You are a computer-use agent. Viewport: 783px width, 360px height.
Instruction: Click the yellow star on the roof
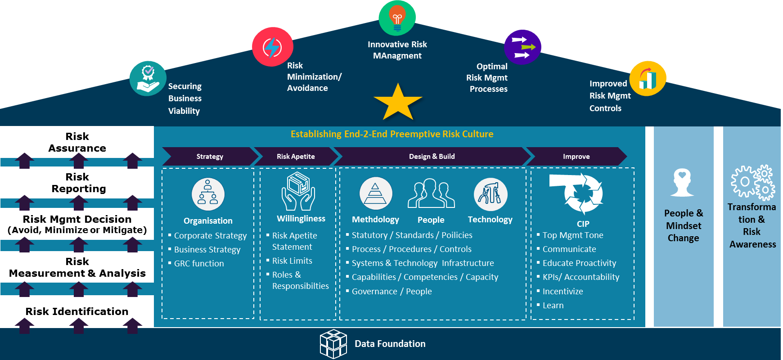tap(398, 103)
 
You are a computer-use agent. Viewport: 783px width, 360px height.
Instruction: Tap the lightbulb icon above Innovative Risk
tap(397, 18)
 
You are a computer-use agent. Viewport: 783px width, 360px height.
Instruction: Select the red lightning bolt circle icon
tap(272, 47)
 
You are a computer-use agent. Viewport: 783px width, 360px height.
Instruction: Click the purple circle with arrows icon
tap(522, 47)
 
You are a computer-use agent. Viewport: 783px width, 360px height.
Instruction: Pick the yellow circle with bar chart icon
tap(648, 78)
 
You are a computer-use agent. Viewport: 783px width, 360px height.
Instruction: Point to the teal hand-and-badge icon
tap(148, 78)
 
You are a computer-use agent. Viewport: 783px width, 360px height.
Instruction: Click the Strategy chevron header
tap(210, 157)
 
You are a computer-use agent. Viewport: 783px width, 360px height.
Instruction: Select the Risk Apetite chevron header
tap(296, 157)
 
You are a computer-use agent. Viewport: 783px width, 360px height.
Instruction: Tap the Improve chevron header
tap(576, 157)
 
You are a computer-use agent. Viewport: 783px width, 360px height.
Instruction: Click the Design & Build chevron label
tap(432, 157)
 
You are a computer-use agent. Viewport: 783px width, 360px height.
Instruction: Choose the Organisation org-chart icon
tap(208, 194)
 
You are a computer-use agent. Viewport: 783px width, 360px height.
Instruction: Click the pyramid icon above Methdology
tap(376, 193)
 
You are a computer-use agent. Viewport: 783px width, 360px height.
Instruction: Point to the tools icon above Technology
tap(490, 194)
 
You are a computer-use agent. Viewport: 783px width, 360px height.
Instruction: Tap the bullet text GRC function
tap(199, 264)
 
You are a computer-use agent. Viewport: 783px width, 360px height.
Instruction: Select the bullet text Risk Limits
tap(292, 261)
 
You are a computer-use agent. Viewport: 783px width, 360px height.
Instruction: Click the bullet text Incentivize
tap(562, 292)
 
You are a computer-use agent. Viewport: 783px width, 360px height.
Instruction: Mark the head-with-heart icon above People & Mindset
tap(682, 182)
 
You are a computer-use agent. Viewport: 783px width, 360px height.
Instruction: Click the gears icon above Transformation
tap(752, 182)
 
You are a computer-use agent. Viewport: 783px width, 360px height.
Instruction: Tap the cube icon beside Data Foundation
tap(333, 344)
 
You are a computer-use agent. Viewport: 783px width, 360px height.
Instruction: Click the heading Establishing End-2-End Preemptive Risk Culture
tap(392, 134)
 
